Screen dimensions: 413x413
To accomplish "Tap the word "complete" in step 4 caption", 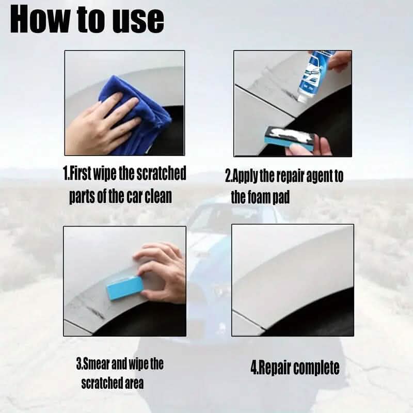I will point(317,368).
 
